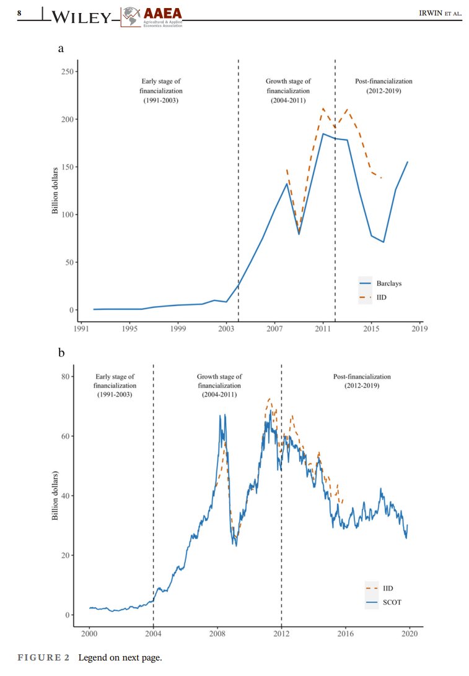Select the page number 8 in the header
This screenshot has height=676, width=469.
pos(19,12)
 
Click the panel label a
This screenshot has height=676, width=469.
pos(61,48)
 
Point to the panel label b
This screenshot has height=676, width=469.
pos(61,353)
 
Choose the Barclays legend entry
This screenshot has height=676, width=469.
pos(389,283)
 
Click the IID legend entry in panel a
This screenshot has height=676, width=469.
pos(382,298)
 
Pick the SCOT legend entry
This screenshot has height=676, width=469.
pos(385,602)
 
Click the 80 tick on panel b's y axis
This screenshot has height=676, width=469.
pos(63,376)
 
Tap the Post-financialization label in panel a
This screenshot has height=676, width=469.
pos(384,86)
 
